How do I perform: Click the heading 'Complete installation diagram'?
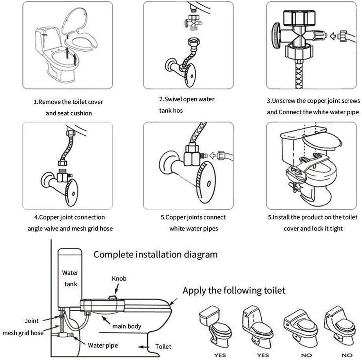tap(155, 255)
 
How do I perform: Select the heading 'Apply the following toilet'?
tap(234, 290)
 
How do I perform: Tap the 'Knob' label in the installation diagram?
tap(119, 278)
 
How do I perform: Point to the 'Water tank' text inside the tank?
tap(70, 277)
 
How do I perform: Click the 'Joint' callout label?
tap(32, 321)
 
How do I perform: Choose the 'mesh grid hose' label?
tap(23, 333)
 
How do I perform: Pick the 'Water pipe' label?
tap(103, 346)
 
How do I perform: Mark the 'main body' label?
tap(127, 326)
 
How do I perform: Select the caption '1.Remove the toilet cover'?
tap(69, 102)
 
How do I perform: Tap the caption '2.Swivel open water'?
tap(187, 99)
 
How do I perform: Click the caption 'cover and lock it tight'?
tap(313, 229)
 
